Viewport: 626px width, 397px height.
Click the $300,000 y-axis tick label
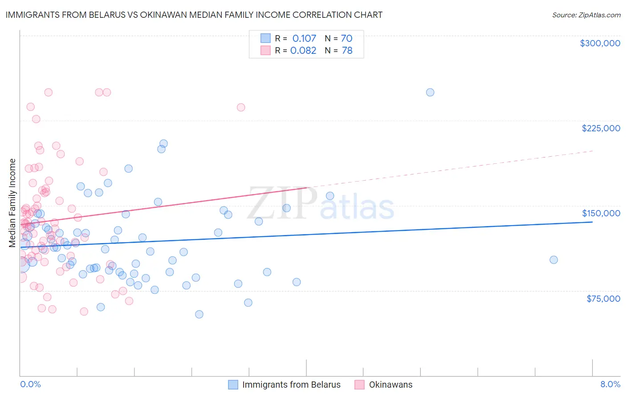600,43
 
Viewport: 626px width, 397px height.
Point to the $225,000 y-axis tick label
601,128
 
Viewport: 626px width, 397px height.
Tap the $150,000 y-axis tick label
601,213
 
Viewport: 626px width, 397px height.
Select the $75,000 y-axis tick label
603,299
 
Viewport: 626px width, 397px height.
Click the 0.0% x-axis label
30,384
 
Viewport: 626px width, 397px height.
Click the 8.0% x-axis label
610,384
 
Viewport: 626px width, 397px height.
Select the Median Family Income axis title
12,203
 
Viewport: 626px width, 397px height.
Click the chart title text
194,15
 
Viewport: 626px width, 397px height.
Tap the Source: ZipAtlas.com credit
586,15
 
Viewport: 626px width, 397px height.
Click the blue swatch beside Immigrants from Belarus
233,385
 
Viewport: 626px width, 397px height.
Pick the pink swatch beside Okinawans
360,385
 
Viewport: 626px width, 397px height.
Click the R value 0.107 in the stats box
304,39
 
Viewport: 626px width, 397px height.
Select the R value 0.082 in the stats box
303,50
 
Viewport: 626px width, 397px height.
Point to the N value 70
346,39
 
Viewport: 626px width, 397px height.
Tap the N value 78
347,50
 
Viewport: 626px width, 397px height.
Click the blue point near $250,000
430,93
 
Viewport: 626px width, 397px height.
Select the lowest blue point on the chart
199,314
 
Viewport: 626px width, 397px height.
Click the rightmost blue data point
553,260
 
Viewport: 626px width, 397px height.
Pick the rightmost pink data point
241,107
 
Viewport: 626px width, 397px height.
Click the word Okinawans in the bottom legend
390,385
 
